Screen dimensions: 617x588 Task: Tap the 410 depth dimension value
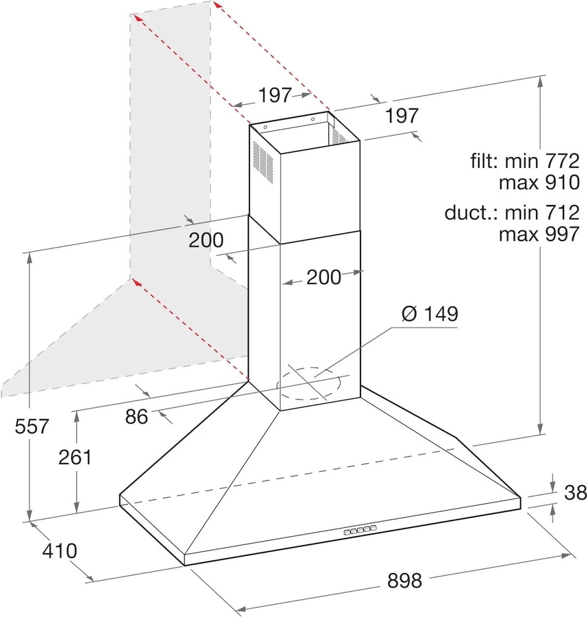(x=59, y=550)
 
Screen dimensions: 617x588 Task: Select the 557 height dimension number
(x=32, y=426)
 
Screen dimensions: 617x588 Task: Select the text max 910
(x=539, y=183)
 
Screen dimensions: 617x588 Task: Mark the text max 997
(x=539, y=234)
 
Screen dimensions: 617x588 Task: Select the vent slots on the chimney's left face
(x=263, y=162)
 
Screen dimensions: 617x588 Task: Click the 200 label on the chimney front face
(x=323, y=277)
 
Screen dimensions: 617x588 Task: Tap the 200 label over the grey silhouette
(x=206, y=240)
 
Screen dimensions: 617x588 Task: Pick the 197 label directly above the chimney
(x=275, y=95)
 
